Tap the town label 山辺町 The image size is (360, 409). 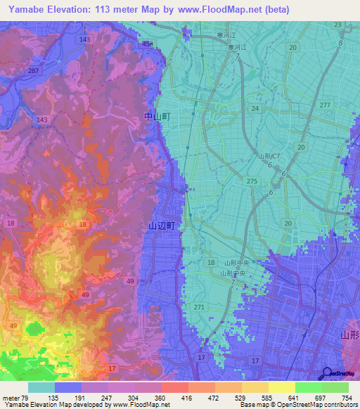click(160, 226)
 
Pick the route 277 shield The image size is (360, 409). click(324, 105)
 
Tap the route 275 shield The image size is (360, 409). click(251, 181)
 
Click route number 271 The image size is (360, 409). click(200, 308)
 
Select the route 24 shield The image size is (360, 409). click(255, 108)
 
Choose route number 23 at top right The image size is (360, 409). click(338, 25)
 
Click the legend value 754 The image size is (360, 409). click(346, 398)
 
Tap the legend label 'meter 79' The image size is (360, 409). click(15, 398)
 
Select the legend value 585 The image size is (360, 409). click(266, 398)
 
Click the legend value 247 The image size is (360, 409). click(107, 398)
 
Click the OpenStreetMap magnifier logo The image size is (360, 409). click(328, 373)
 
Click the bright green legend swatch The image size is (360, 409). click(309, 387)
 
